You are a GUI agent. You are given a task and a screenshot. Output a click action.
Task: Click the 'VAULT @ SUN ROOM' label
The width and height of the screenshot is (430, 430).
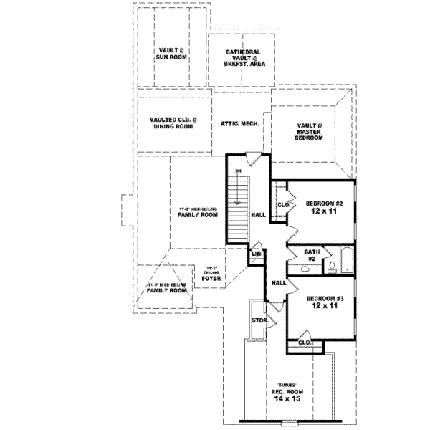pyautogui.click(x=172, y=55)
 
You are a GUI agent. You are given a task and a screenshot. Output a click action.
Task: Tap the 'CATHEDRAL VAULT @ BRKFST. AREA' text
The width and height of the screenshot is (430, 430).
pyautogui.click(x=243, y=58)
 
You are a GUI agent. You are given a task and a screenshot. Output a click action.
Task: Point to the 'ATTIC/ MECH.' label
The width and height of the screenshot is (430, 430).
pyautogui.click(x=239, y=123)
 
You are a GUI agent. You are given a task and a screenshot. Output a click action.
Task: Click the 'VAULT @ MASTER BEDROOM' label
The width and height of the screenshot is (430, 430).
pyautogui.click(x=310, y=133)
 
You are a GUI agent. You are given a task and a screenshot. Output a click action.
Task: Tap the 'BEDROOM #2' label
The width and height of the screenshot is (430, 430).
pyautogui.click(x=325, y=204)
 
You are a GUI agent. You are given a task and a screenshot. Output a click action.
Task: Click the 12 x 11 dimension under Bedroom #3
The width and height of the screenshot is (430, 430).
pyautogui.click(x=325, y=306)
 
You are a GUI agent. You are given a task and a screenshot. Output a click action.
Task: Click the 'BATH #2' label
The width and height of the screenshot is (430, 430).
pyautogui.click(x=311, y=254)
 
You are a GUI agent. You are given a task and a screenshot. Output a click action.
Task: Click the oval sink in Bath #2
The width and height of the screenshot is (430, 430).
pyautogui.click(x=305, y=270)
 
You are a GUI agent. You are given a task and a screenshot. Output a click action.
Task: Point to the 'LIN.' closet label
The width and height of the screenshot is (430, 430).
pyautogui.click(x=256, y=254)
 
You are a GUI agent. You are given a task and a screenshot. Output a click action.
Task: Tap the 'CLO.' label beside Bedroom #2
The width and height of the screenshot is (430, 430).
pyautogui.click(x=282, y=204)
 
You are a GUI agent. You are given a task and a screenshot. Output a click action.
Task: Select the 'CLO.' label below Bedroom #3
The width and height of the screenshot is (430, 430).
pyautogui.click(x=305, y=343)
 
